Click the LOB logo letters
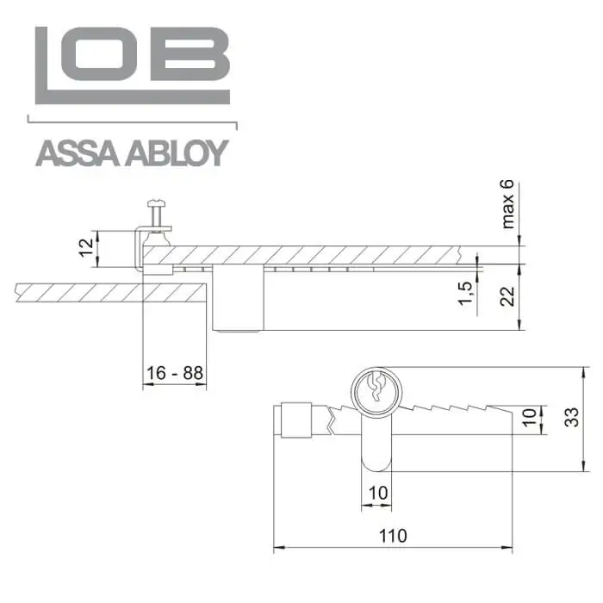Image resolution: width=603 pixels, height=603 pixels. coord(133,65)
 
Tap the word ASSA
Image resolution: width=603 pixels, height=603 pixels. coord(77,153)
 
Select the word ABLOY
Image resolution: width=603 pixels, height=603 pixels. coord(177,153)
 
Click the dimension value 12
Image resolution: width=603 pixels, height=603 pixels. coord(87,248)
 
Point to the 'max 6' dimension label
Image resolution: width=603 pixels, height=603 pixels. coord(507,204)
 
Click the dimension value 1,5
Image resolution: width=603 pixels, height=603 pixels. coord(465,293)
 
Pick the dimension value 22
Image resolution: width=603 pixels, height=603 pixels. coord(507,296)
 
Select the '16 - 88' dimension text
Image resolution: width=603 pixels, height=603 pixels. coord(175,373)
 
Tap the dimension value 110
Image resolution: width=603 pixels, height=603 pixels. coord(393,536)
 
